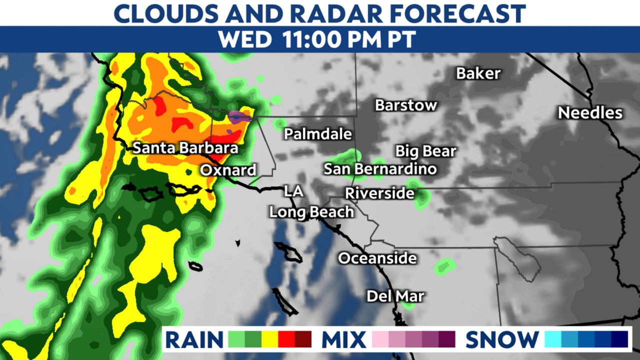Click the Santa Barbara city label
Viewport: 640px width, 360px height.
pos(185,148)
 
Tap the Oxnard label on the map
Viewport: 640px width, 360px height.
pos(228,170)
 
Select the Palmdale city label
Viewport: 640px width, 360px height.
pos(318,134)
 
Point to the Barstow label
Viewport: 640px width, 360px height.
pos(406,105)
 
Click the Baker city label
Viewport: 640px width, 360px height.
pos(478,74)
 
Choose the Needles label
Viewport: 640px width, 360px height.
pos(590,113)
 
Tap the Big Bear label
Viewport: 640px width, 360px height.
pos(425,151)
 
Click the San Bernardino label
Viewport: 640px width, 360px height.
pos(380,169)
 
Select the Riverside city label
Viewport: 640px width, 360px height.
pos(380,192)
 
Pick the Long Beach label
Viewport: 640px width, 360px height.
pos(311,212)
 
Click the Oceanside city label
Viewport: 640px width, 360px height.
pos(377,258)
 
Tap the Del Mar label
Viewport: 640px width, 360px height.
pos(395,296)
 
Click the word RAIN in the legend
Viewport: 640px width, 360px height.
pos(194,340)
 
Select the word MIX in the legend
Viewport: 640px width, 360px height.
pos(343,340)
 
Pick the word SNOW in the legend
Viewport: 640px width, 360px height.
pos(502,340)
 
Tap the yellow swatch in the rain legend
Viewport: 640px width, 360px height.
pos(270,339)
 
